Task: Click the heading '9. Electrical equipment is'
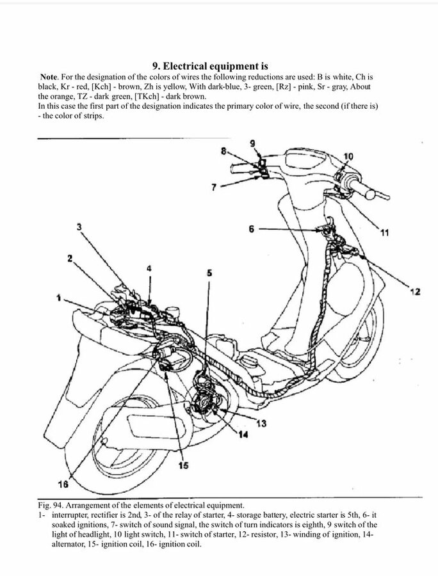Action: coord(210,66)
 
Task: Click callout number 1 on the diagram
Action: coord(58,298)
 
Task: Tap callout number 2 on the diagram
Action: coord(70,259)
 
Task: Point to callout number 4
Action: coord(149,269)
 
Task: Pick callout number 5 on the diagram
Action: coord(208,273)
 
